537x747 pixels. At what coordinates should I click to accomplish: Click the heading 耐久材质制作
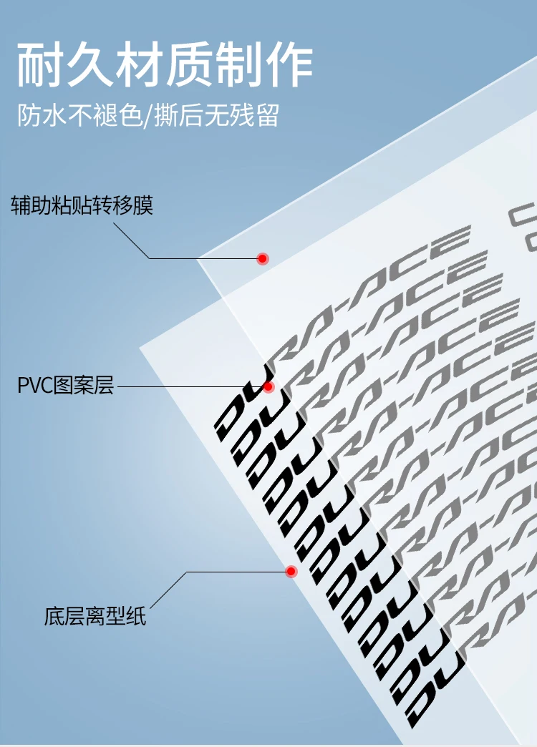coord(165,65)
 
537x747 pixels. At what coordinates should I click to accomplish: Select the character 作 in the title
coord(289,65)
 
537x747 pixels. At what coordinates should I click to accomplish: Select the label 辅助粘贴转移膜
coord(82,206)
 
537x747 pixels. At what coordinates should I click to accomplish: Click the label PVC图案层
coord(65,387)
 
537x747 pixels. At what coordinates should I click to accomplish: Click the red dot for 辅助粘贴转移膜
coord(263,258)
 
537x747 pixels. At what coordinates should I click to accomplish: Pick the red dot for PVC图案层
coord(268,387)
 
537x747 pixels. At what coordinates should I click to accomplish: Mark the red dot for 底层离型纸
coord(291,572)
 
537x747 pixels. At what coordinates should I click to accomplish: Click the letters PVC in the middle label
coord(33,387)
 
